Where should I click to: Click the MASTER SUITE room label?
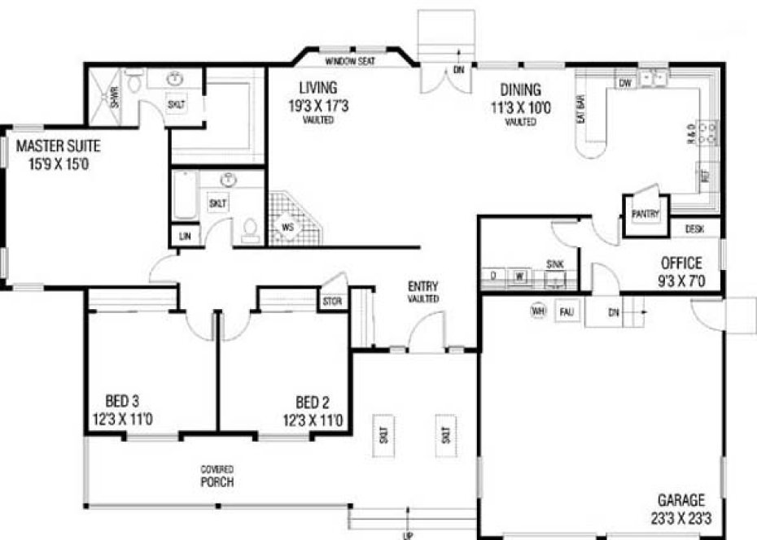(x=58, y=147)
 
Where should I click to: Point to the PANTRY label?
(x=645, y=214)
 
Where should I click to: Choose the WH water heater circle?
(x=537, y=311)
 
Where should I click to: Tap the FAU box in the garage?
(x=567, y=311)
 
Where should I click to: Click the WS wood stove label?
(x=288, y=227)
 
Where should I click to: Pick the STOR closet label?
(x=330, y=302)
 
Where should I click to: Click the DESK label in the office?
(x=694, y=230)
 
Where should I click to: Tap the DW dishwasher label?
(x=625, y=84)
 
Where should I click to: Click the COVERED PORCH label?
(x=217, y=476)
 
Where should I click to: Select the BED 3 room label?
(x=122, y=401)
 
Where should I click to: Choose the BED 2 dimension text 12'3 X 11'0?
(x=313, y=421)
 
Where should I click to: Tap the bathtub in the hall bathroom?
(x=185, y=195)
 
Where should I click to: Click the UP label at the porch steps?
(x=407, y=535)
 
